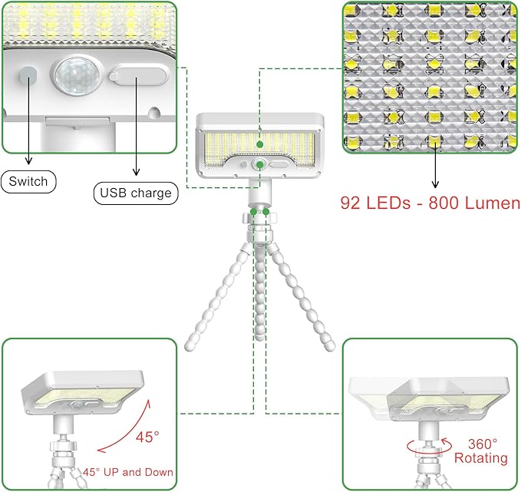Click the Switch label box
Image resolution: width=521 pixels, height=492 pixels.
click(29, 182)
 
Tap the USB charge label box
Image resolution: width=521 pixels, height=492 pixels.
click(135, 193)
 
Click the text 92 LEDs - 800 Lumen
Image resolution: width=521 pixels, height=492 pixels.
click(430, 204)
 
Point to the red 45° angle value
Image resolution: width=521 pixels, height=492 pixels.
click(147, 437)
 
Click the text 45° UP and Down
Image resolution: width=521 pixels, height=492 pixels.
click(128, 472)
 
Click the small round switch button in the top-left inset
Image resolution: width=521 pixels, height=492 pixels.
click(28, 75)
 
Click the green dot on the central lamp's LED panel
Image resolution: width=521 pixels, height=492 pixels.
click(261, 143)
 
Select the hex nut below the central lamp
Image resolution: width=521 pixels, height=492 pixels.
click(260, 223)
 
